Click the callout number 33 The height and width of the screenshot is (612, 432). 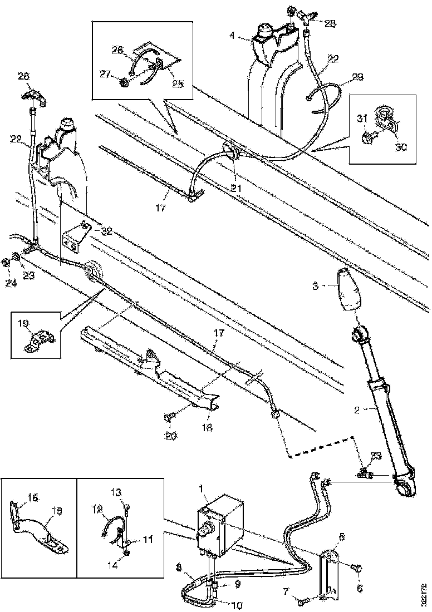(x=376, y=456)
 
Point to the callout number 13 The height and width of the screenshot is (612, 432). (x=116, y=491)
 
